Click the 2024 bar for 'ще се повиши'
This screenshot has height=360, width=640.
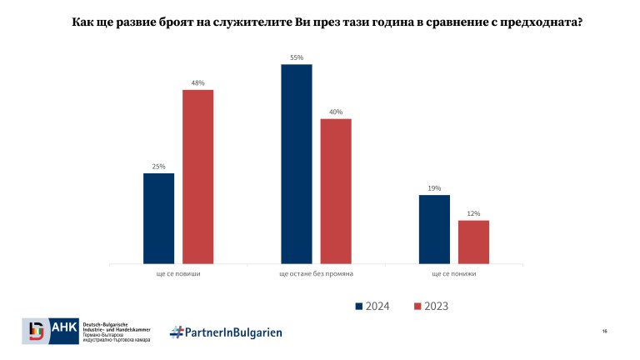click(158, 218)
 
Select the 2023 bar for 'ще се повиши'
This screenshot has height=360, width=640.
click(198, 177)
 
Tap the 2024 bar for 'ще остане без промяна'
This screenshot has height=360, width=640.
click(296, 164)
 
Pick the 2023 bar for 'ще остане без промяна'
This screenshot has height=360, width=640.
click(336, 191)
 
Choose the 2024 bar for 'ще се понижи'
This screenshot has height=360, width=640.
click(434, 229)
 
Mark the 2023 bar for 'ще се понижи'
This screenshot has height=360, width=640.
click(473, 242)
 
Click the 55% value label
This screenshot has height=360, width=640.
click(297, 57)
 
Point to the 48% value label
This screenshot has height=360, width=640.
click(198, 82)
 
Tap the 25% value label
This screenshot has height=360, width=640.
click(158, 167)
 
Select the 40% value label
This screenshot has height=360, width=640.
click(336, 112)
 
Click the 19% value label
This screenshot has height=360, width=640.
click(434, 188)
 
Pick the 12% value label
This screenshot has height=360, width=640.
click(473, 213)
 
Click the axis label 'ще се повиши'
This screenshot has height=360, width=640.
click(178, 273)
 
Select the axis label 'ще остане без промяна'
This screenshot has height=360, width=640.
click(316, 273)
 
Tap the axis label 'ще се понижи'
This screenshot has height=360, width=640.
click(454, 273)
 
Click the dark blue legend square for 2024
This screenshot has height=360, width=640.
click(360, 306)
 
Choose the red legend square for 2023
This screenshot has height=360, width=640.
click(418, 306)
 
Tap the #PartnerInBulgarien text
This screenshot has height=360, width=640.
click(226, 332)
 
